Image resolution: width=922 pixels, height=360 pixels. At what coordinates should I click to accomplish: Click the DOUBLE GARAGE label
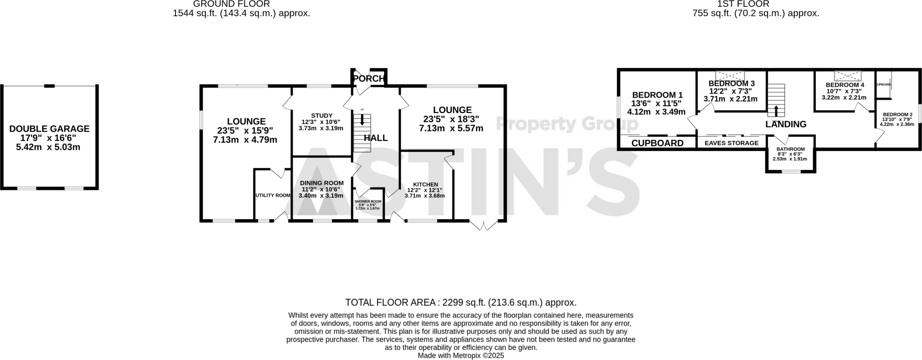50,129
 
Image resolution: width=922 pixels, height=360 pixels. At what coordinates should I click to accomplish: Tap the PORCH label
369,79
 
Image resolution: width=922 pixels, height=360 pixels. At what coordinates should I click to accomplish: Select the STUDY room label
321,116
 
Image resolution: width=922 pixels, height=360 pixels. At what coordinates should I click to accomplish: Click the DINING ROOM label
321,183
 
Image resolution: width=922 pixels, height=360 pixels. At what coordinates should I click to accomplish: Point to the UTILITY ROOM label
273,195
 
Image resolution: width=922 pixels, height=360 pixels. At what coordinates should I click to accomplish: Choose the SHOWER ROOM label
368,201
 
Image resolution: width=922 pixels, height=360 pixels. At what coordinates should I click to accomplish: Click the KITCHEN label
425,184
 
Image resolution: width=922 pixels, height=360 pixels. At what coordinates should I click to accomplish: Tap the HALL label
375,138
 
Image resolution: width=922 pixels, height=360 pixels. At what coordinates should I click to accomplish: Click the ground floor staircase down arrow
362,120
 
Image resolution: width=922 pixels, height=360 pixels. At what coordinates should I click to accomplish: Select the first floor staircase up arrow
776,111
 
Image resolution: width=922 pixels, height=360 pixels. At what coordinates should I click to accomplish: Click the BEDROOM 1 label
657,95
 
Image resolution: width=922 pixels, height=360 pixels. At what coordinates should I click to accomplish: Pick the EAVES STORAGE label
731,143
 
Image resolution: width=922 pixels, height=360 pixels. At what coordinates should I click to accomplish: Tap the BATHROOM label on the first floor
790,149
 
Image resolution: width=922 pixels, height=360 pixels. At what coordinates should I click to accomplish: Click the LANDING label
786,125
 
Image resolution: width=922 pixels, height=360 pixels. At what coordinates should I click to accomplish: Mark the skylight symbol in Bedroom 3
730,75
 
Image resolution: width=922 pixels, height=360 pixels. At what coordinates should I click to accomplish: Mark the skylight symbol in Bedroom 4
848,76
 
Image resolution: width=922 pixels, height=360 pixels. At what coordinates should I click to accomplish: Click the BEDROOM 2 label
897,115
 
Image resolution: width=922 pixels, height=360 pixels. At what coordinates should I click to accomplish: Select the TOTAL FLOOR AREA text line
461,302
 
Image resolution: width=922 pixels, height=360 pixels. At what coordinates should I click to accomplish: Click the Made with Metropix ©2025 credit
461,355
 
